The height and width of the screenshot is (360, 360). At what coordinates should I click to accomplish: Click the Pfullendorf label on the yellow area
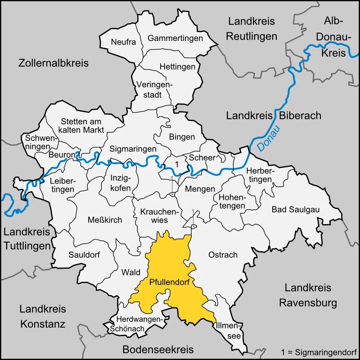tap(169, 283)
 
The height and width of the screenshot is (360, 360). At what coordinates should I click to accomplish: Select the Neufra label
tap(123, 42)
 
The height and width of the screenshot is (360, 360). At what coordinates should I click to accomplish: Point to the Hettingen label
tap(178, 67)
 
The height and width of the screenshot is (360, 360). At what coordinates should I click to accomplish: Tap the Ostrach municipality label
tap(223, 255)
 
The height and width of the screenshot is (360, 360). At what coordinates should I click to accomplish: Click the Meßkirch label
tap(105, 220)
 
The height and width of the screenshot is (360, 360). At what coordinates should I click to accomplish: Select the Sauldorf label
tap(84, 254)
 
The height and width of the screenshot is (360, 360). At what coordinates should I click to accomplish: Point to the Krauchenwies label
tap(154, 216)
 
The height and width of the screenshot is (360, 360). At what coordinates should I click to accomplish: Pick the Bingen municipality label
tap(182, 137)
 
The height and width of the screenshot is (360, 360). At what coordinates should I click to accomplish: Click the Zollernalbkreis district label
tap(54, 63)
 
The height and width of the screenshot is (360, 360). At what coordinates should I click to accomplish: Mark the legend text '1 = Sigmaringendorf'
tap(318, 351)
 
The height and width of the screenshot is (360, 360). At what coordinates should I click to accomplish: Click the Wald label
tap(131, 272)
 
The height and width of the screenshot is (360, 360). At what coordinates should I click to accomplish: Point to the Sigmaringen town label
tap(133, 148)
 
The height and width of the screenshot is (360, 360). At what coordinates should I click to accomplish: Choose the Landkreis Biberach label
tap(274, 116)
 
